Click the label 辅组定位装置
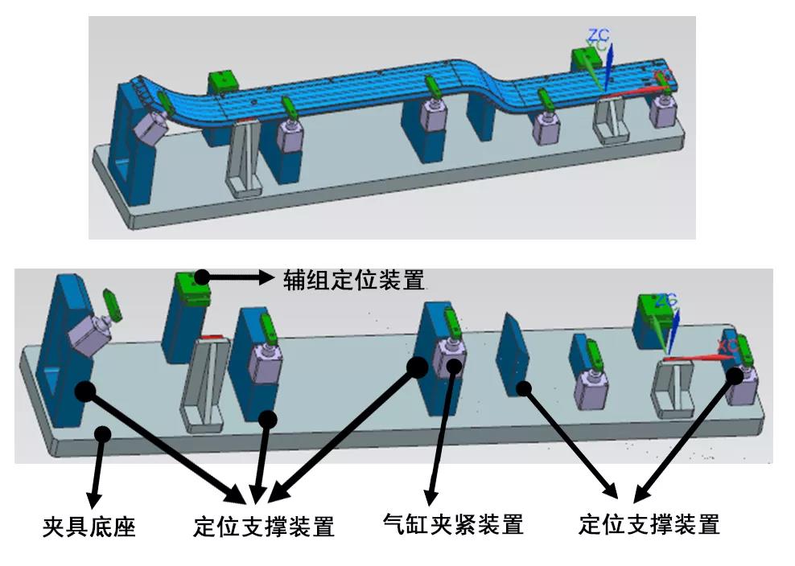pos(353,280)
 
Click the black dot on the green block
pos(200,277)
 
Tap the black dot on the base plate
pos(102,433)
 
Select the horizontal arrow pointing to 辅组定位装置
pos(241,277)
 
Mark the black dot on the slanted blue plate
pos(525,388)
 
